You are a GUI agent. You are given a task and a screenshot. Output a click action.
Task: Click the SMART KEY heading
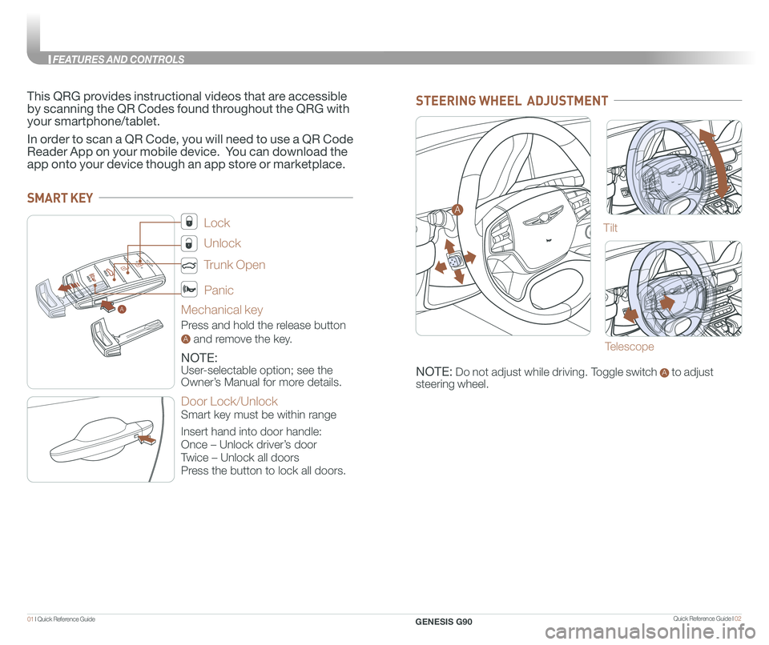click(60, 198)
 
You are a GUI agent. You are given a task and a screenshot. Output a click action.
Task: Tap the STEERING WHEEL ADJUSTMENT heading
click(512, 100)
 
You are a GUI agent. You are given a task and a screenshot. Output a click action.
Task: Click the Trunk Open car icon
click(189, 264)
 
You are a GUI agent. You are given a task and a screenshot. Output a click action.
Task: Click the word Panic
click(219, 290)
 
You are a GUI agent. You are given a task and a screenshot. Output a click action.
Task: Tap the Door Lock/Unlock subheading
click(229, 401)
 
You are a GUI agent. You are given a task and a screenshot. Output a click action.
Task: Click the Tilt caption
click(610, 229)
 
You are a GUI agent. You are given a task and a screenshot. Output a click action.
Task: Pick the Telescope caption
click(629, 347)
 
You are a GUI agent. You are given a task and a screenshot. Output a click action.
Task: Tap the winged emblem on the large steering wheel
click(542, 214)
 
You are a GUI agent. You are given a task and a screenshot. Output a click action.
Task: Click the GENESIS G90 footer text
click(449, 621)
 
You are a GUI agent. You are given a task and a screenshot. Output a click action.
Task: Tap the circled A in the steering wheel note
click(662, 372)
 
